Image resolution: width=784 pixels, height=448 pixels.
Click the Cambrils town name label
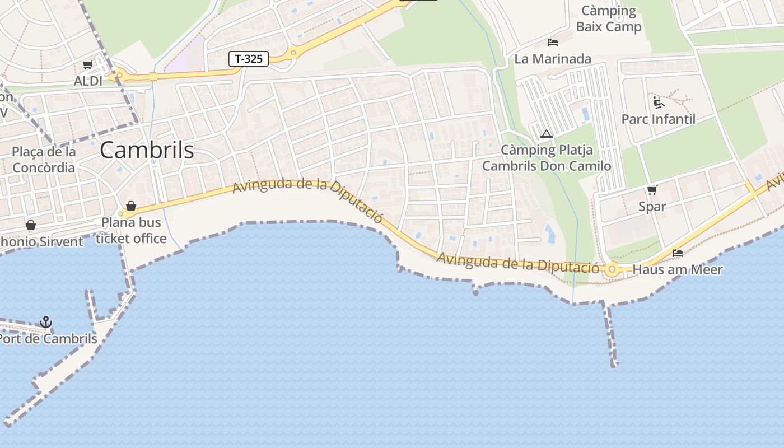pos(147,150)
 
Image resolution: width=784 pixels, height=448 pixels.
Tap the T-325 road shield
pos(249,59)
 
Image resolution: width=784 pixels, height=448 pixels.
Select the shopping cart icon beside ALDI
pos(87,65)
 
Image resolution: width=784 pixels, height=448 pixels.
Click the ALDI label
pos(88,81)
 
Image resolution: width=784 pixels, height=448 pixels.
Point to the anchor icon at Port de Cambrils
pos(46,322)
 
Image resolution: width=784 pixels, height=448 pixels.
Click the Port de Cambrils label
pos(49,339)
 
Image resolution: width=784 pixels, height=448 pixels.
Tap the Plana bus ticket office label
pos(131,230)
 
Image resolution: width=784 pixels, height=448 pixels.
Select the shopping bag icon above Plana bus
pos(131,206)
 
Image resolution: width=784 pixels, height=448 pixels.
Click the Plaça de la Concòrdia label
pos(44,160)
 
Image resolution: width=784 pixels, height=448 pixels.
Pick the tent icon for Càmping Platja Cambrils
pos(547,134)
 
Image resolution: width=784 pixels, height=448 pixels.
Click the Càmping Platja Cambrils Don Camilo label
pos(547,158)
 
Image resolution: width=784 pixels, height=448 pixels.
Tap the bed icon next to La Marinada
pos(553,43)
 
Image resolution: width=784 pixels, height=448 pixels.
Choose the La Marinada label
pos(553,59)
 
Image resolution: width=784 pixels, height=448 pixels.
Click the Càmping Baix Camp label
pos(609,18)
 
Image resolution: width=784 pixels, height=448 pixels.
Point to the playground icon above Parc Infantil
pos(659,102)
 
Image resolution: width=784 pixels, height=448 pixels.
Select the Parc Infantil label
pos(659,119)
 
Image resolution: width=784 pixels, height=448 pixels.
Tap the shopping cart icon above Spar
pos(652,190)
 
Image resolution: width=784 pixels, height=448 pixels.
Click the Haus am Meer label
pos(678,269)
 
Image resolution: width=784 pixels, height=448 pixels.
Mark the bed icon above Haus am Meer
pos(678,253)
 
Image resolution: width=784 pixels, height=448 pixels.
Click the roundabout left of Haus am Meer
pos(612,270)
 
